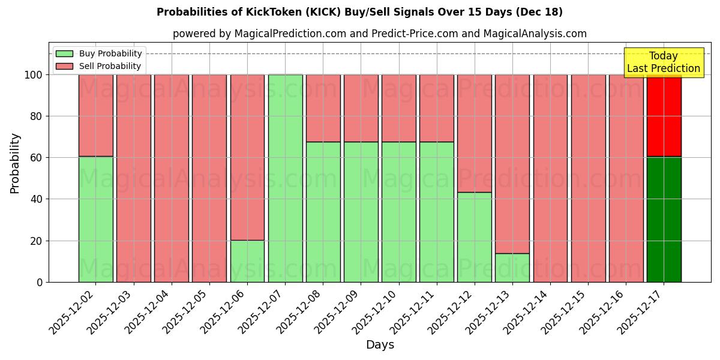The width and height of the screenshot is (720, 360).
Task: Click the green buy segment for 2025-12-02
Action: pyautogui.click(x=95, y=219)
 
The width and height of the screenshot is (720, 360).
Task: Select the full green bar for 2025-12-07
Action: pyautogui.click(x=285, y=178)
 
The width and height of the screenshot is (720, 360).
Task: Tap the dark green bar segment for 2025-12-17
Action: pyautogui.click(x=664, y=219)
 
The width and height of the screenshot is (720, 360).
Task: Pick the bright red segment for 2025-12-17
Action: pyautogui.click(x=664, y=116)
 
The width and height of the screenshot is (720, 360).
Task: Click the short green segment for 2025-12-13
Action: pyautogui.click(x=512, y=268)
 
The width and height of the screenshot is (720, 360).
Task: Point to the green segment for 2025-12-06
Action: pyautogui.click(x=247, y=261)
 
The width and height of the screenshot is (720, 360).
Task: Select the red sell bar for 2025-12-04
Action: pyautogui.click(x=171, y=178)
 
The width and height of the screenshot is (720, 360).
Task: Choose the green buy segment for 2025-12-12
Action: pyautogui.click(x=475, y=237)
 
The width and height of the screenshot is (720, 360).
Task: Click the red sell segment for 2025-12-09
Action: pyautogui.click(x=361, y=108)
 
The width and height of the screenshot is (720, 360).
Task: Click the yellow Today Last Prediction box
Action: pyautogui.click(x=664, y=62)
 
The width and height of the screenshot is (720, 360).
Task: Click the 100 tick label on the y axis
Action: pyautogui.click(x=34, y=75)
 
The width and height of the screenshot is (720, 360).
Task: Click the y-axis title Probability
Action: pyautogui.click(x=15, y=163)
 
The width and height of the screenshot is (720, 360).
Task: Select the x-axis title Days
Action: pyautogui.click(x=380, y=345)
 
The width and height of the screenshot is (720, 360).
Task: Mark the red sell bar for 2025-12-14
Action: pyautogui.click(x=550, y=178)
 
